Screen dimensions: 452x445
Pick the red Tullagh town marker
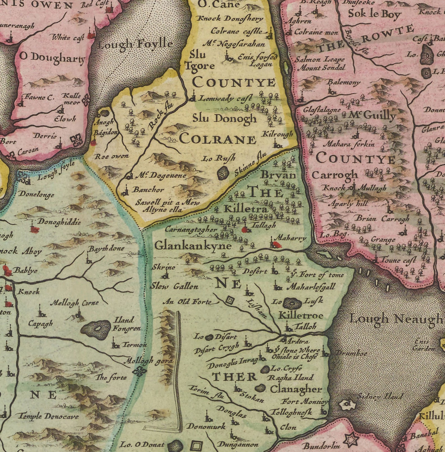[x=245, y=230]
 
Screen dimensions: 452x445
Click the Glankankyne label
[x=193, y=246]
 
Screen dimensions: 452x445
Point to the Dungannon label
[x=238, y=444]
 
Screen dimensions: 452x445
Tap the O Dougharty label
[x=52, y=58]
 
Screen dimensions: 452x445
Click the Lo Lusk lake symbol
[x=292, y=303]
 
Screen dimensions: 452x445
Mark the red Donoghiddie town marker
[x=35, y=230]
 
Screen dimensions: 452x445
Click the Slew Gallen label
[x=174, y=286]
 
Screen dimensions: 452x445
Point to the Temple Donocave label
[x=48, y=416]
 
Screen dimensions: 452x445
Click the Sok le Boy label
[x=374, y=14]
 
